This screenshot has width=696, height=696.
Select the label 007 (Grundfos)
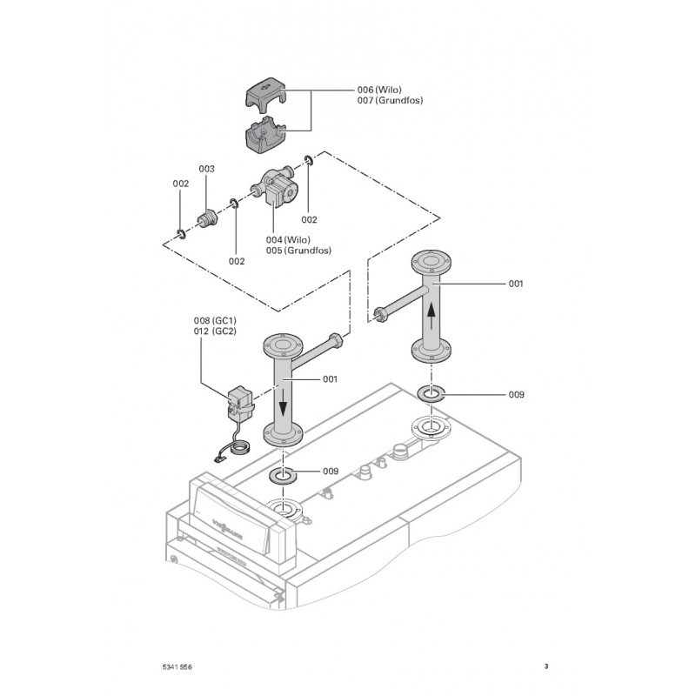(390, 101)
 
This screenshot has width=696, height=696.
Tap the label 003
(206, 168)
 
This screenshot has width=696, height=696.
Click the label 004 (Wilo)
(288, 239)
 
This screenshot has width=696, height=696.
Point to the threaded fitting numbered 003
(208, 219)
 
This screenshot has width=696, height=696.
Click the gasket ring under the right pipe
(432, 394)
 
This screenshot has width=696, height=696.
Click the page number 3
(545, 666)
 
